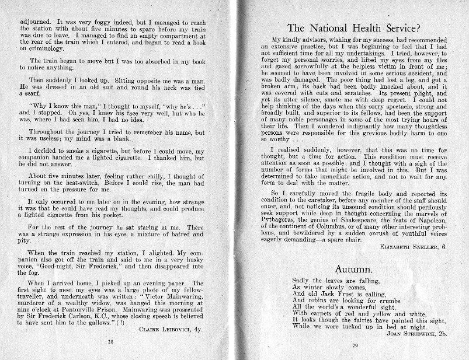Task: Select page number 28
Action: tap(110, 342)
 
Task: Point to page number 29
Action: tap(354, 346)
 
